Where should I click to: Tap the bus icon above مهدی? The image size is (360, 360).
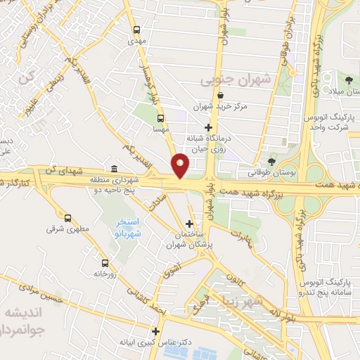pos(136,30)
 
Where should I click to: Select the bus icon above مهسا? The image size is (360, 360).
pos(161,118)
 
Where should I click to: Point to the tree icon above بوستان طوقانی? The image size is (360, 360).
pos(272,162)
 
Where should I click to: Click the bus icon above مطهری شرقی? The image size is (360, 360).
pos(67,217)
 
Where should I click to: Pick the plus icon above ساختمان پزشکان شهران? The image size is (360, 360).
pos(189,224)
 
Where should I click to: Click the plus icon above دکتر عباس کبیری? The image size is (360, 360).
pos(156,331)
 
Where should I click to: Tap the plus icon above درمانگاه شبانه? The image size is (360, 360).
pos(207,127)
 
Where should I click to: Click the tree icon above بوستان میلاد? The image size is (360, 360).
pos(349,77)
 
